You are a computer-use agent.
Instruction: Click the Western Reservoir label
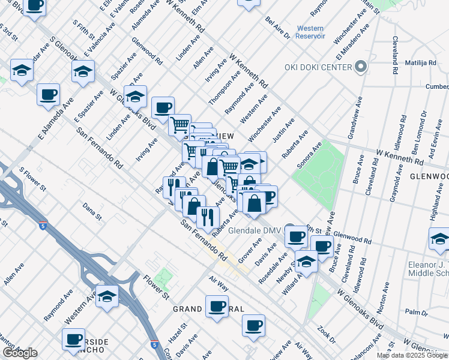point(310,32)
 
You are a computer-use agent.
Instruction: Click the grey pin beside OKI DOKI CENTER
point(361,67)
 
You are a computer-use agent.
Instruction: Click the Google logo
point(19,353)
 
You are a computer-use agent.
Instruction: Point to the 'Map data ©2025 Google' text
point(412,355)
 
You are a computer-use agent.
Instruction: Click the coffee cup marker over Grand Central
point(217,307)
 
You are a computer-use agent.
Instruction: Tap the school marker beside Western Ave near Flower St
point(107,296)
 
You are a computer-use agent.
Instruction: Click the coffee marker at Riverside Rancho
point(73,339)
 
